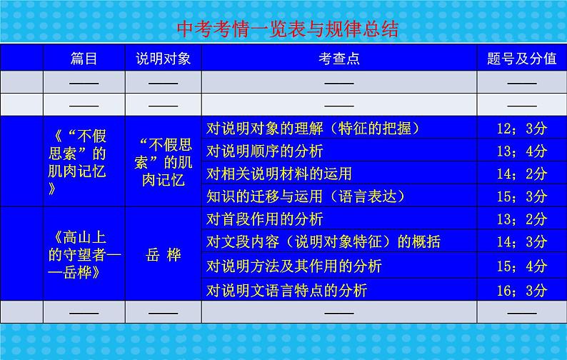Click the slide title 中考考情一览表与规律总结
[x=283, y=29]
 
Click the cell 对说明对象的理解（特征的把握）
[x=312, y=129]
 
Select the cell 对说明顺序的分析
[x=264, y=151]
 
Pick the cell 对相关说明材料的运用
[x=279, y=173]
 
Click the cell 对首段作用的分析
[x=264, y=219]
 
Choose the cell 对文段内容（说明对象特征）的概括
[x=323, y=241]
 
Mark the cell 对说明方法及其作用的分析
[x=293, y=266]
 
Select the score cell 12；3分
[x=521, y=129]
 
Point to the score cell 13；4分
[x=521, y=151]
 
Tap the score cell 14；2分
[x=521, y=173]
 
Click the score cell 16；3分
[x=521, y=290]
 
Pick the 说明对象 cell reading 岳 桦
[x=164, y=254]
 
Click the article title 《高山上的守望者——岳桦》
[x=84, y=254]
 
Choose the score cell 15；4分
[x=521, y=266]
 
